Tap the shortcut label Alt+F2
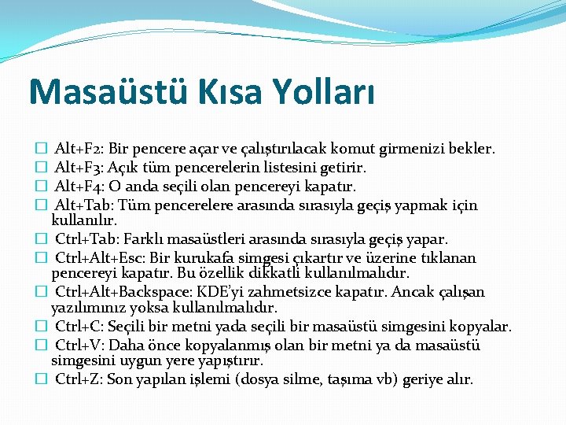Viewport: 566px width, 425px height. coord(78,148)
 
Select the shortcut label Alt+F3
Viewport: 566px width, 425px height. coord(78,168)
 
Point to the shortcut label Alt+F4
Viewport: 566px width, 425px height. coord(78,187)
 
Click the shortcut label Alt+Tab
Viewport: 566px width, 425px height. coord(81,206)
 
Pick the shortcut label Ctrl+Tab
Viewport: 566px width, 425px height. coord(83,239)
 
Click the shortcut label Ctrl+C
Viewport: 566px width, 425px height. coord(78,326)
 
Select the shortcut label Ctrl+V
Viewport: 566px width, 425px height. coord(78,346)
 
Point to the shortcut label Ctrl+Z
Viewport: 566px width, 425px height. coord(78,379)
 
